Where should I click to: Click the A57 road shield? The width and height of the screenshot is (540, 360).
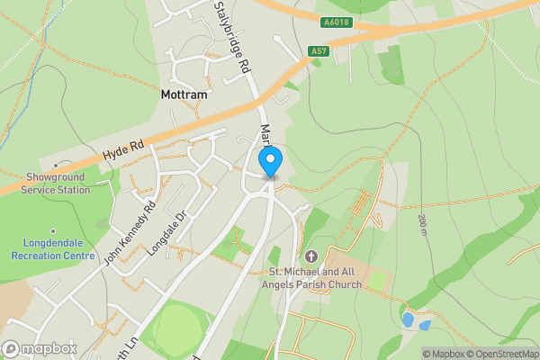click(318, 51)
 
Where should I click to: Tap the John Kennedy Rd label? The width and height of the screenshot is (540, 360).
click(130, 231)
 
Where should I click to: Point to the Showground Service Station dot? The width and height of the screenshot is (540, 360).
click(56, 165)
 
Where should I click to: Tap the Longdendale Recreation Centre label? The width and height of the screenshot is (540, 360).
click(53, 249)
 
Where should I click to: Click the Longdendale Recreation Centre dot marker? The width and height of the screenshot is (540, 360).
click(53, 230)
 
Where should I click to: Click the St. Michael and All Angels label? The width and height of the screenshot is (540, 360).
click(314, 278)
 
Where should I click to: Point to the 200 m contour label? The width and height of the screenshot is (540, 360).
click(422, 226)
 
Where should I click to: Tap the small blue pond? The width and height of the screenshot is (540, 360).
click(409, 319)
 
